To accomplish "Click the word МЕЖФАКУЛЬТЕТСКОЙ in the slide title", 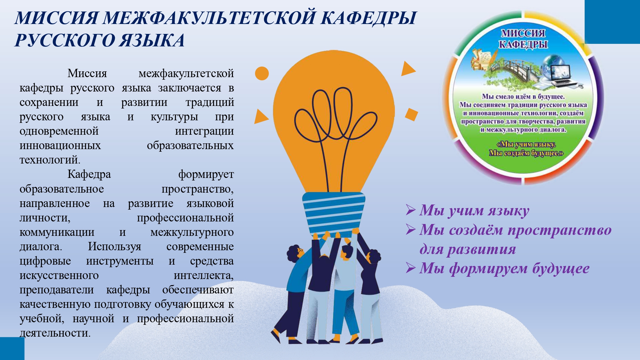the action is pos(209,18).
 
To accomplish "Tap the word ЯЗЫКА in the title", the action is pos(152,41).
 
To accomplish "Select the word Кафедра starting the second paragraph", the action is pos(89,174).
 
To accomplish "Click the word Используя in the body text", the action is pos(114,247).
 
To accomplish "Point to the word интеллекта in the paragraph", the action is pos(204,276).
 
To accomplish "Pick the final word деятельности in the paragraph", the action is pos(55,333).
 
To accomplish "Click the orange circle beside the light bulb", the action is pos(262,73).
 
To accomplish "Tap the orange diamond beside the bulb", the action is pos(412,115).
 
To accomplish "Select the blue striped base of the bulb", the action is pos(334,213).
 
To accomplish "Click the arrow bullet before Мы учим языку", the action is pos(411,210).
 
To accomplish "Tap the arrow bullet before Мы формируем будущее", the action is pos(411,268).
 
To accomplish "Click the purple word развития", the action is pos(481,249).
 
